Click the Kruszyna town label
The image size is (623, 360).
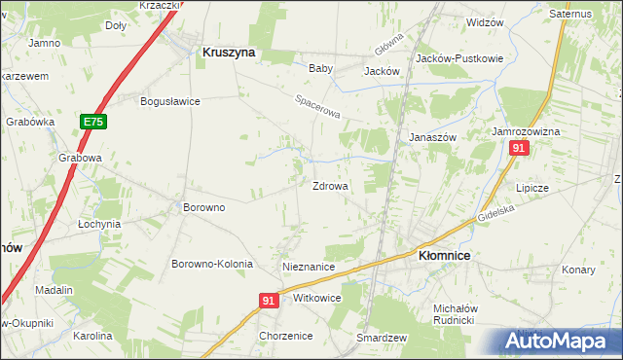(228, 54)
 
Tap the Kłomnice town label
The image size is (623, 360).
(444, 255)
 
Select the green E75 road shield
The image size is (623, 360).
(92, 122)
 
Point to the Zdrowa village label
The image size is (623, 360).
(330, 186)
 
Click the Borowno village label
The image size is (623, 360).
(204, 207)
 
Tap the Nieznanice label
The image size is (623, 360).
(309, 267)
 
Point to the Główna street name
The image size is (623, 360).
(388, 45)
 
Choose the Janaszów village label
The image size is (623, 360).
(432, 138)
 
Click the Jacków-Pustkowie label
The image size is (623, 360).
(459, 58)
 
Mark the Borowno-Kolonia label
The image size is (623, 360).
(212, 265)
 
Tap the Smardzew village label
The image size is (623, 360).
(381, 337)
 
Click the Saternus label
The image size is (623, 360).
(570, 15)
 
